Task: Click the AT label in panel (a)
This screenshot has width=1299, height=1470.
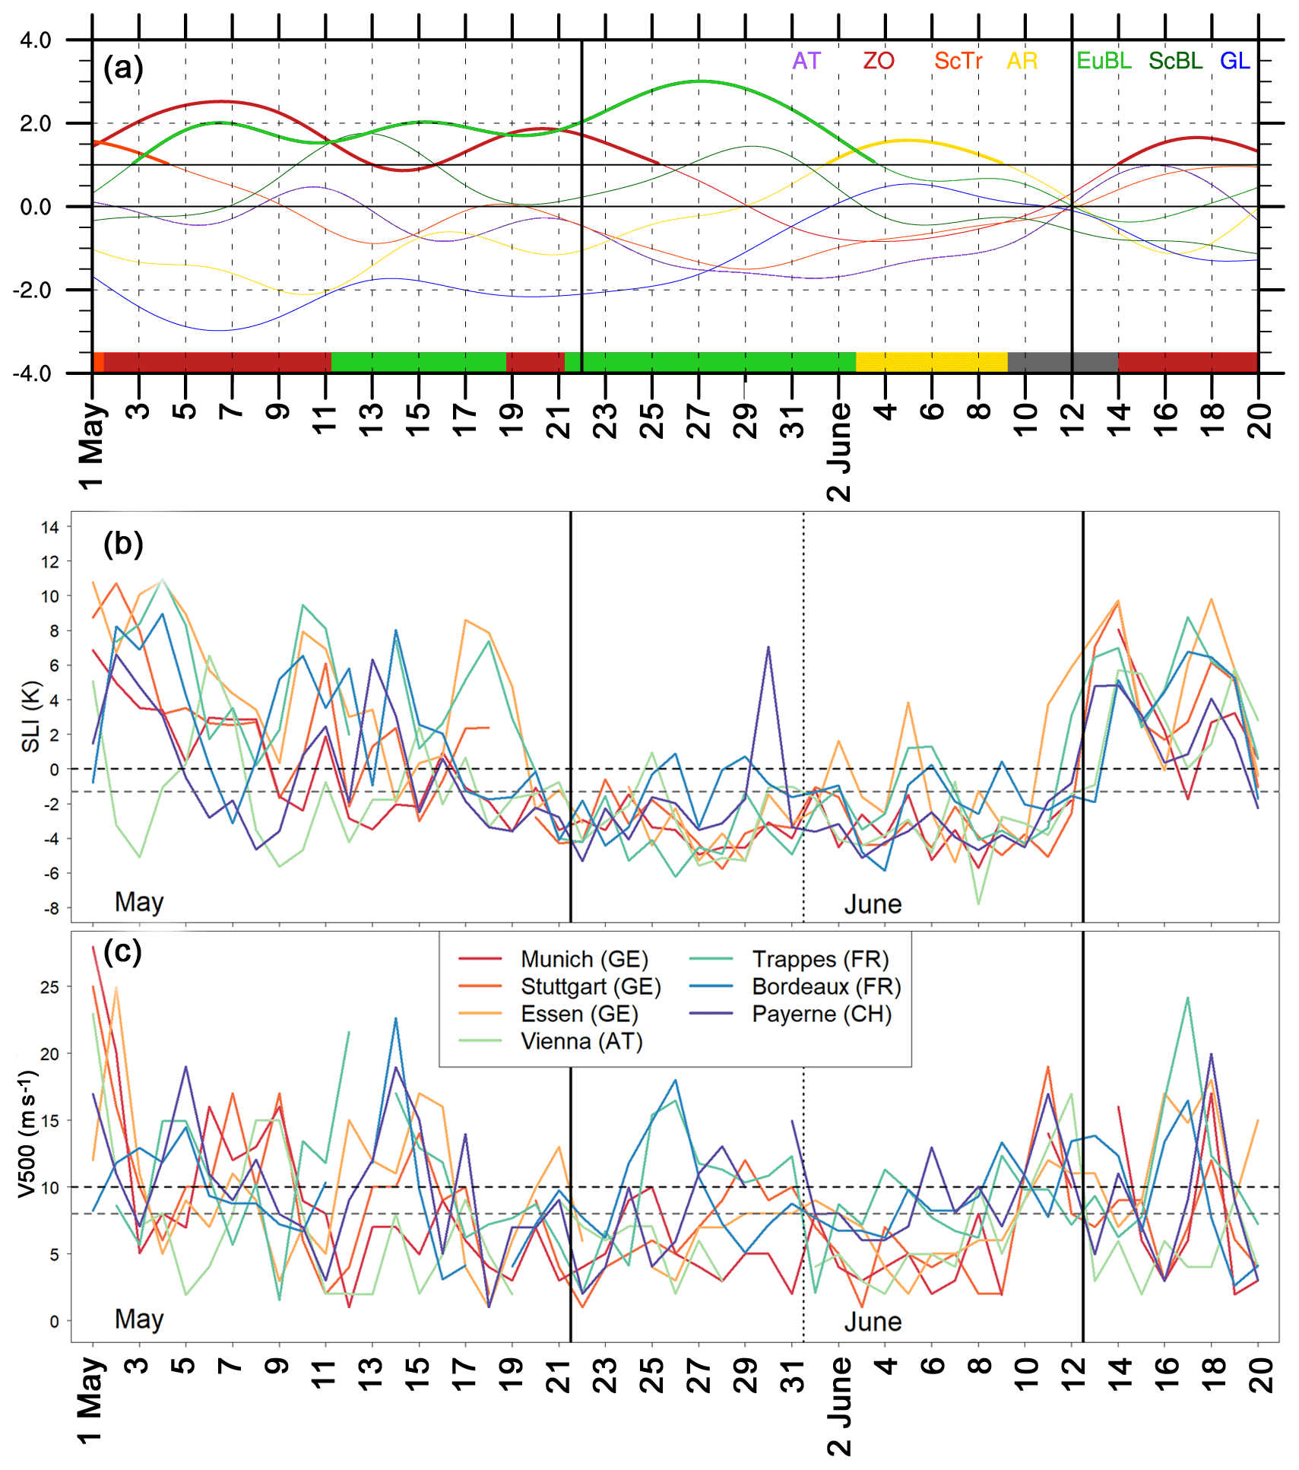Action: (806, 61)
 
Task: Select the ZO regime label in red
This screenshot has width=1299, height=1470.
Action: (878, 61)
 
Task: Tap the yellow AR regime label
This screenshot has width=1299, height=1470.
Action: (1022, 61)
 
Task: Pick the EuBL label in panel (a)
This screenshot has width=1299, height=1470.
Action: (1104, 61)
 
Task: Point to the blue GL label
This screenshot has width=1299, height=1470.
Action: (1234, 61)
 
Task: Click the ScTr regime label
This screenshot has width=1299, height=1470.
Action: (958, 61)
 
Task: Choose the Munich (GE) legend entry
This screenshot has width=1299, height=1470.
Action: (584, 959)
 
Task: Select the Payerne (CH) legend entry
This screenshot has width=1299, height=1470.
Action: (822, 1014)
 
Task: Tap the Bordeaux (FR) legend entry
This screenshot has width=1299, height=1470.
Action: (826, 986)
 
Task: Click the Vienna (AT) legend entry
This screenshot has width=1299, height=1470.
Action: (581, 1041)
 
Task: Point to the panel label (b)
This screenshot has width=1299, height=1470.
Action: (123, 544)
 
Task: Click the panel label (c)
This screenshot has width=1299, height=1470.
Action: (123, 951)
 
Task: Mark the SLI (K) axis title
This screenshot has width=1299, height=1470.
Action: (30, 716)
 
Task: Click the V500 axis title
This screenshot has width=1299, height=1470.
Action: (27, 1133)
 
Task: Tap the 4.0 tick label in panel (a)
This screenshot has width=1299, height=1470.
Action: (36, 40)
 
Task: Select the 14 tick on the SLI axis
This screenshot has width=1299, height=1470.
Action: (50, 527)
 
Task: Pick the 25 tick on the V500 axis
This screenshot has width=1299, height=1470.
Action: (49, 987)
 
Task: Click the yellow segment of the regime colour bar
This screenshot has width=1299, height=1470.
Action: (931, 362)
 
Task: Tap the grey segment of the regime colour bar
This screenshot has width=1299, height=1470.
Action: (1062, 362)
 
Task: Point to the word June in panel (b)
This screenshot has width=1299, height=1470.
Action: (873, 904)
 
